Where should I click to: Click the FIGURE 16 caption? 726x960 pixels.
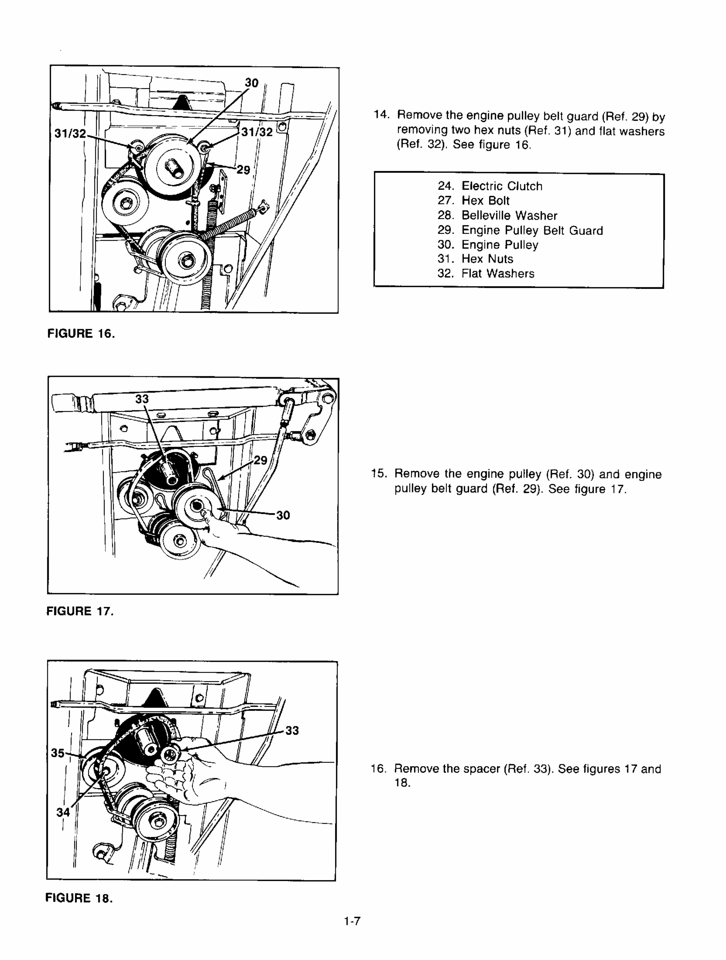point(81,334)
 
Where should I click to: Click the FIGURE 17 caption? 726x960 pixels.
point(80,612)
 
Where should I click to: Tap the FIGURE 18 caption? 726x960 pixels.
point(79,898)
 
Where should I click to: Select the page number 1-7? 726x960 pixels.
point(352,933)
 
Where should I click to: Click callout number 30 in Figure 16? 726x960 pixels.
point(252,83)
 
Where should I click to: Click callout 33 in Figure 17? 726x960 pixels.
point(142,399)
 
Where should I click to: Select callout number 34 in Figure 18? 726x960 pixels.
point(63,812)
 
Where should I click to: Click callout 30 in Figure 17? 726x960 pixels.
point(283,515)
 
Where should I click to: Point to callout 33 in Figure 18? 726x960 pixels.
point(292,731)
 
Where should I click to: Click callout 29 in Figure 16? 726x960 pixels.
point(243,170)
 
